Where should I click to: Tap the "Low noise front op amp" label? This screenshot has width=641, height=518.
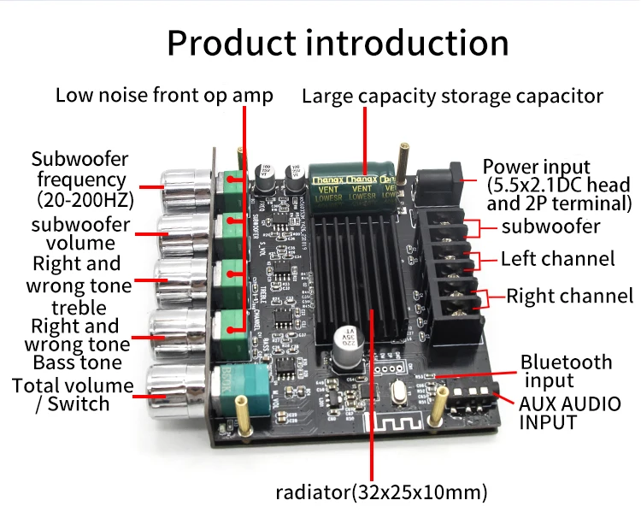(x=164, y=95)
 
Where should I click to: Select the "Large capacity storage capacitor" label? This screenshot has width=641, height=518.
(x=452, y=97)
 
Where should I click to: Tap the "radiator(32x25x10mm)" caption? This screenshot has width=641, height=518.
(x=381, y=492)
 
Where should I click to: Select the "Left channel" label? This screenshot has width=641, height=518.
(x=557, y=258)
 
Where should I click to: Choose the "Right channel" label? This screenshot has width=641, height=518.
(x=569, y=297)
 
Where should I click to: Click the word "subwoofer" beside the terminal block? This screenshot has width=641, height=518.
(x=550, y=227)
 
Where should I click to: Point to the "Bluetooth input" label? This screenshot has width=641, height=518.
(x=567, y=370)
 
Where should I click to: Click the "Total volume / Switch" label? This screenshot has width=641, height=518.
(x=73, y=394)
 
